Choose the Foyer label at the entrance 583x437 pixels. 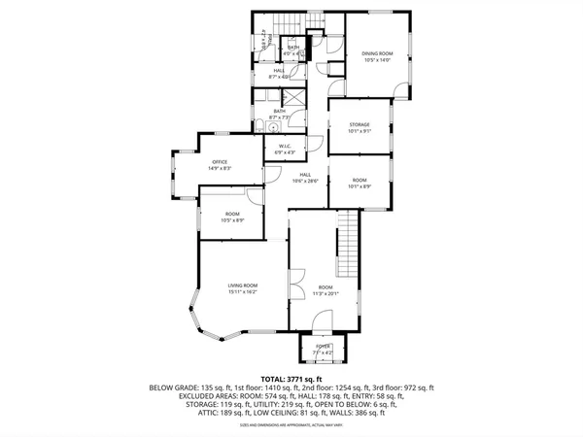[321, 346]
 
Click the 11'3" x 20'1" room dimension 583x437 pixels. [325, 293]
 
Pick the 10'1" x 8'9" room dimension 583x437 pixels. [359, 187]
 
